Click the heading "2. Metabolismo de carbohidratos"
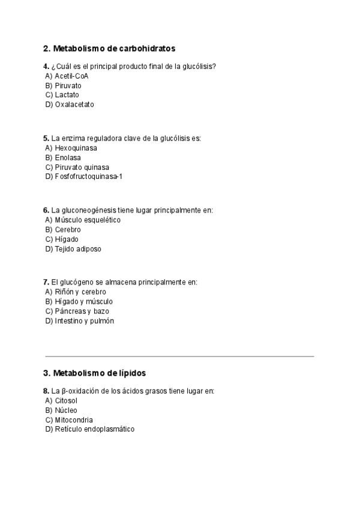click(x=109, y=48)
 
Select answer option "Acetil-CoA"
click(x=71, y=76)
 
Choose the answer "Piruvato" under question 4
click(x=68, y=86)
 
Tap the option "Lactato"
click(x=67, y=95)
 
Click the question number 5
click(x=46, y=138)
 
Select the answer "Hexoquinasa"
click(x=76, y=148)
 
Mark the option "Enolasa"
click(x=67, y=157)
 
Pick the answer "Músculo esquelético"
click(x=88, y=220)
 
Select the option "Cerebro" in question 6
click(x=68, y=229)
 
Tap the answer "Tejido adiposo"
click(x=78, y=248)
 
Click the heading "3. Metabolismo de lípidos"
click(x=94, y=373)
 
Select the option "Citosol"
click(x=66, y=400)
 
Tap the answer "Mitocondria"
click(x=74, y=420)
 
